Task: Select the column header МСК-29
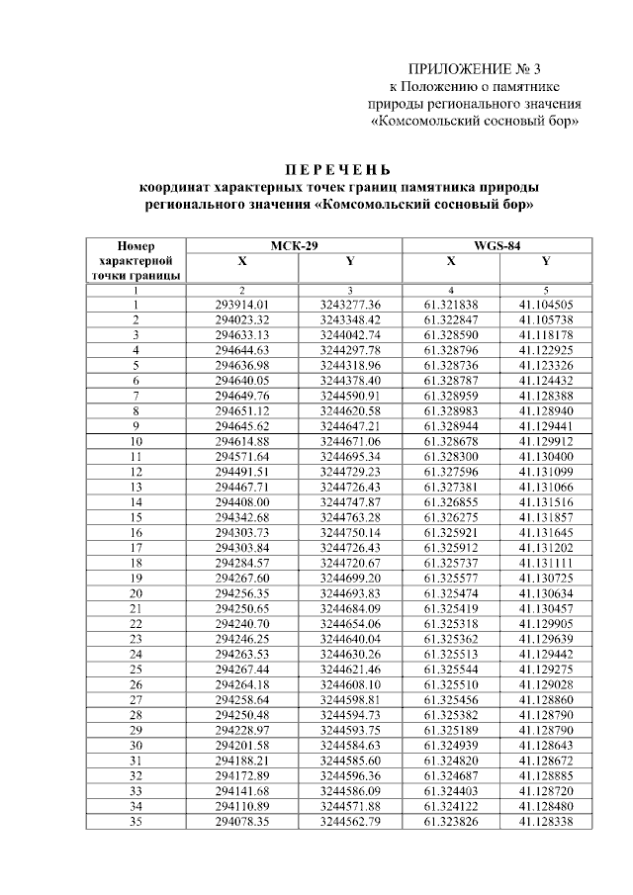(294, 246)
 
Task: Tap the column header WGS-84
(497, 246)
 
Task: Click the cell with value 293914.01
(242, 305)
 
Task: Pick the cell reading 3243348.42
(350, 319)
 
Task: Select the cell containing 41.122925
(546, 350)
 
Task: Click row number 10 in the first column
(136, 440)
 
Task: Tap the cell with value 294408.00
(242, 500)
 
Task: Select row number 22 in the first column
(136, 622)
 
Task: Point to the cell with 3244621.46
(350, 668)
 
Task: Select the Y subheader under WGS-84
(546, 262)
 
